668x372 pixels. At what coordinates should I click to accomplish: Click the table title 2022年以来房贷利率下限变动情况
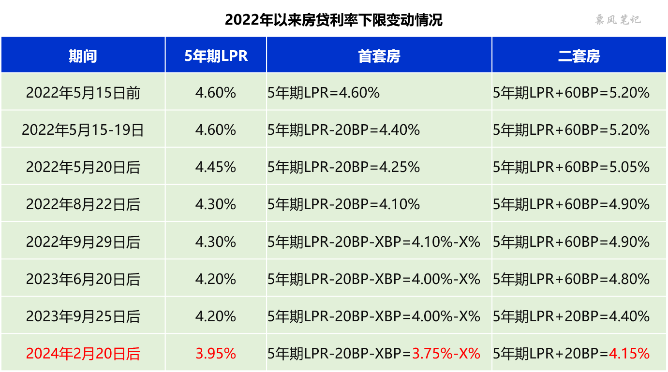333,20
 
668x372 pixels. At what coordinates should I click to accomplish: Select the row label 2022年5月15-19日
83,130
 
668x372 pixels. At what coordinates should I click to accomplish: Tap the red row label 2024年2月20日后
83,354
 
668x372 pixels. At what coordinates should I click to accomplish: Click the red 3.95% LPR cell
216,354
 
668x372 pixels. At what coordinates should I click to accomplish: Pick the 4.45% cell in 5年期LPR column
216,167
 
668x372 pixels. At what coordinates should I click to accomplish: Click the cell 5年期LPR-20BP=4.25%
343,167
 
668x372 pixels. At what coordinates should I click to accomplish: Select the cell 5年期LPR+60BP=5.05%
571,167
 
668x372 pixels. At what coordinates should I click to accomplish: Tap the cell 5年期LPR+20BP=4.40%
571,316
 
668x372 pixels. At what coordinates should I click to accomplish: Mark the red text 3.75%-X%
446,354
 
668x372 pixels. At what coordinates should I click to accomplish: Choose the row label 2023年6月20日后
83,279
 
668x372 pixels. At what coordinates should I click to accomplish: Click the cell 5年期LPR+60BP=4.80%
571,279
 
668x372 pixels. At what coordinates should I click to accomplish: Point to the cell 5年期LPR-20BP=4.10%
343,204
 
